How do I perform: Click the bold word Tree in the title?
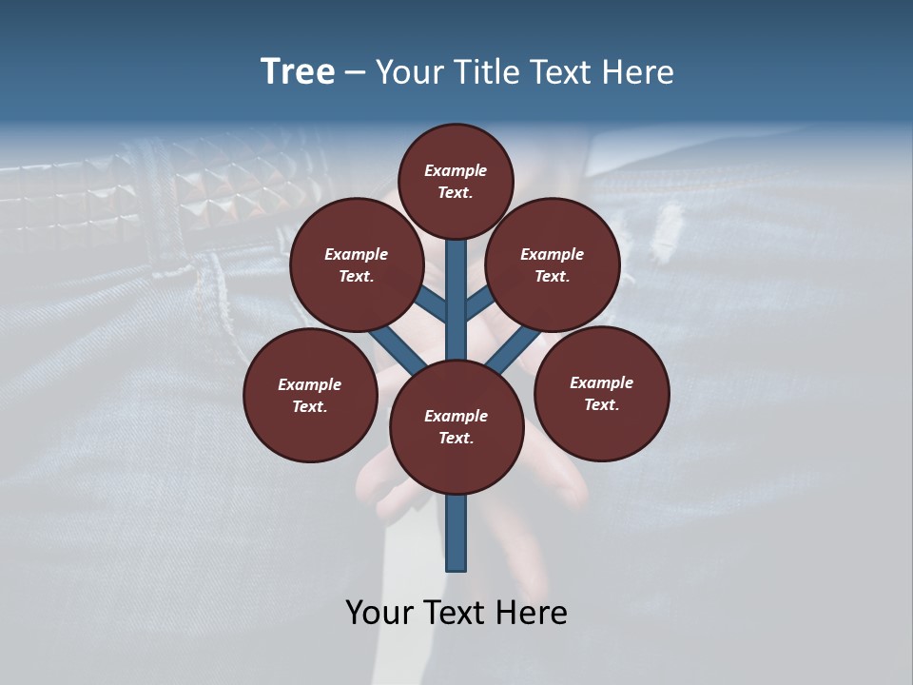click(x=298, y=71)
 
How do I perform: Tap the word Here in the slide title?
click(x=636, y=72)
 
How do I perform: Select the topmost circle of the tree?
click(x=456, y=181)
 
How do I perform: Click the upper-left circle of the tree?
click(x=357, y=264)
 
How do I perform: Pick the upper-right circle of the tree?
click(x=553, y=264)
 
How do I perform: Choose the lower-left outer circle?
click(x=310, y=395)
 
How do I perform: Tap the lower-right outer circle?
click(x=601, y=393)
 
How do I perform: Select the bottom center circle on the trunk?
click(x=456, y=427)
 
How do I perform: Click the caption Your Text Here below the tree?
click(x=456, y=612)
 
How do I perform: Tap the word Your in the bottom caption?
click(x=378, y=612)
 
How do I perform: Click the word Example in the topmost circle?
click(x=456, y=170)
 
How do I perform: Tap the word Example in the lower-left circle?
click(x=309, y=384)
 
